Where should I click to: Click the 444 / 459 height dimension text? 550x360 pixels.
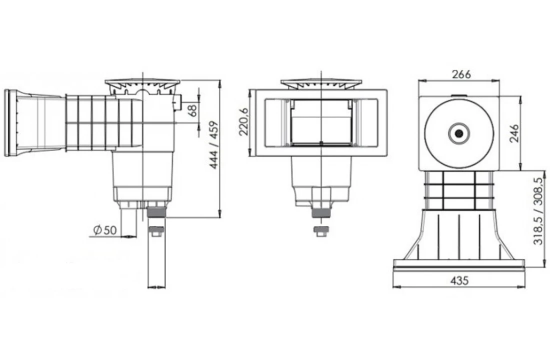tap(214, 145)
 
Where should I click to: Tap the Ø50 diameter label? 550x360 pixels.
tap(105, 230)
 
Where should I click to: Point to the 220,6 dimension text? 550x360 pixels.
tap(243, 122)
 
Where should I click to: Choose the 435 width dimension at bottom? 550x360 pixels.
tap(459, 281)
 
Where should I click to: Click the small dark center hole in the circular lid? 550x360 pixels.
tap(458, 133)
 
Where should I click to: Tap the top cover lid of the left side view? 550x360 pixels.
tap(142, 83)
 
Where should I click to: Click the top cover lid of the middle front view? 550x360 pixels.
tap(320, 83)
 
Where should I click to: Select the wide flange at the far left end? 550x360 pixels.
tap(11, 122)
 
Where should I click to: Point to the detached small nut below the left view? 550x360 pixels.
tap(156, 232)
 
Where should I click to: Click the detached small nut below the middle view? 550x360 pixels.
tap(320, 231)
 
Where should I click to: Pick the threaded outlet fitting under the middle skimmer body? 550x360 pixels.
tap(320, 211)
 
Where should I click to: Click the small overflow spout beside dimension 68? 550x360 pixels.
tap(176, 103)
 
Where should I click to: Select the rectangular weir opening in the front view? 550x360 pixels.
tap(320, 122)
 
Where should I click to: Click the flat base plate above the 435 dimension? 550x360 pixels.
tap(459, 264)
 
